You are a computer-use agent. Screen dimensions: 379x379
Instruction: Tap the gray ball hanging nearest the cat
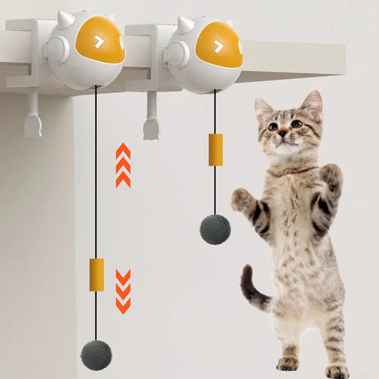pos(215,228)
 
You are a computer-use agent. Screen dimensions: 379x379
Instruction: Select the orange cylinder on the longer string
pos(96,274)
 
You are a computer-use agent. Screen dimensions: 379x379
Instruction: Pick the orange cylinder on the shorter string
pos(215,149)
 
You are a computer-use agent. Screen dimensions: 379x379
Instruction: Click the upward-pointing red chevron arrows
pos(123,165)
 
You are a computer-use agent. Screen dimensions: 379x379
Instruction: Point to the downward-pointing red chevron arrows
pos(123,291)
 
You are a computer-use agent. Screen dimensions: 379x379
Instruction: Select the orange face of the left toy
pos(100,40)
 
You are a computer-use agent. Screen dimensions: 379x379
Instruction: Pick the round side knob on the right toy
pos(175,55)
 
